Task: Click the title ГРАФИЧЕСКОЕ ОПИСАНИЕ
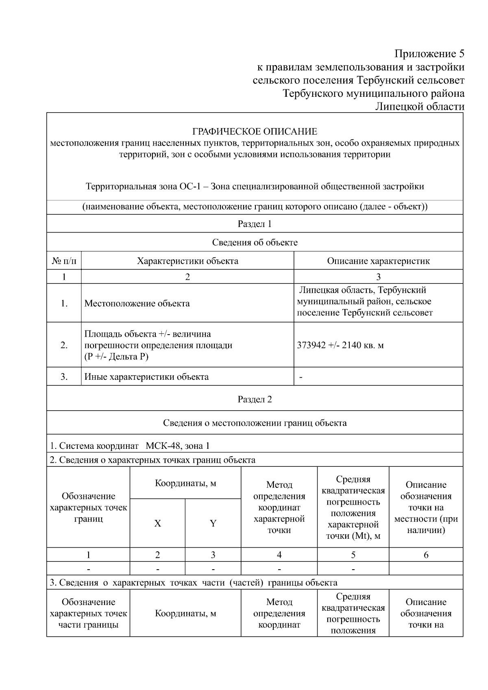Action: click(255, 132)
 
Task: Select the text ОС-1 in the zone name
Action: click(188, 187)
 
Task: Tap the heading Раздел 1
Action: click(255, 224)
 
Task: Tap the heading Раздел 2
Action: click(255, 399)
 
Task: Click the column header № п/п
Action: click(64, 261)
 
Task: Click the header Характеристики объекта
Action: click(187, 261)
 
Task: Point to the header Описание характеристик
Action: click(378, 261)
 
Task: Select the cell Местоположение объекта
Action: click(137, 303)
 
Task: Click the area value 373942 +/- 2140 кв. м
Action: click(340, 346)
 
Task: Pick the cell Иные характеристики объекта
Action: click(146, 377)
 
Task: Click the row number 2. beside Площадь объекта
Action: click(64, 345)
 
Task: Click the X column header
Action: click(157, 524)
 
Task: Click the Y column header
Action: click(213, 524)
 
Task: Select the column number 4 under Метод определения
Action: click(279, 555)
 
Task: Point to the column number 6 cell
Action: click(426, 555)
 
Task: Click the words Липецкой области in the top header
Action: click(419, 107)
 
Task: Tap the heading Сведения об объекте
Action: click(255, 243)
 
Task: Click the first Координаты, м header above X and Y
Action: click(185, 483)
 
